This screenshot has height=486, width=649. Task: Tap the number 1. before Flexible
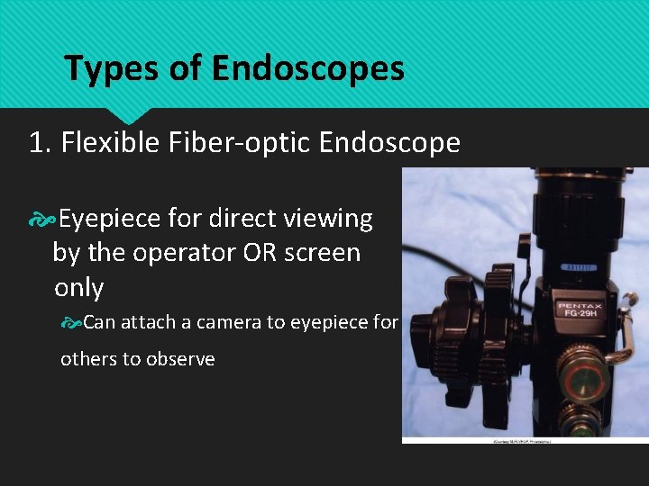[x=41, y=143]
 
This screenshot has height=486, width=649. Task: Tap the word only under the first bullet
[x=78, y=288]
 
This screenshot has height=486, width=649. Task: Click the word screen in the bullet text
[x=322, y=253]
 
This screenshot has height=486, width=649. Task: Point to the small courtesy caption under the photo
[x=525, y=442]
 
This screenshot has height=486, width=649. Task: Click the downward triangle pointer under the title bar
[x=126, y=115]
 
